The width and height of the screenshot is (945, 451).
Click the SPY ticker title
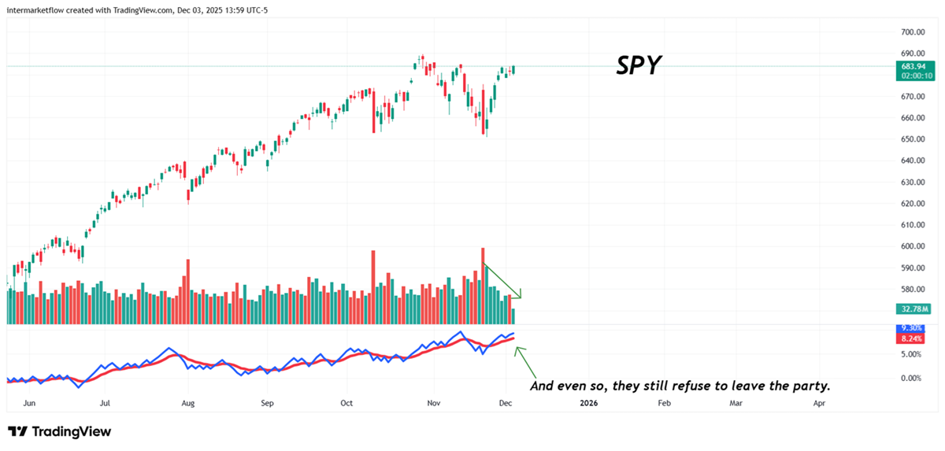(638, 65)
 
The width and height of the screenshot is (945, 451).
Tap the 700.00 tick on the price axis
(912, 32)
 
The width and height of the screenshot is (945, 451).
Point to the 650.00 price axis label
(912, 139)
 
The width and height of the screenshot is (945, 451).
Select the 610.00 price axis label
(912, 225)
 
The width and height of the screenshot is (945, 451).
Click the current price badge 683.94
(913, 67)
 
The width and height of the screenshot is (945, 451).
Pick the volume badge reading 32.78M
(913, 309)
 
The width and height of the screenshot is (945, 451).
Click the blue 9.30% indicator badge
(913, 328)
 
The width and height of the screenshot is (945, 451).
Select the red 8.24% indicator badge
(913, 338)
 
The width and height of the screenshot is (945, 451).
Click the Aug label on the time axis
(187, 403)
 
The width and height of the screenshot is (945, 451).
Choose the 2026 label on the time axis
(587, 403)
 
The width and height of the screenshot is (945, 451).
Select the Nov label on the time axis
(432, 403)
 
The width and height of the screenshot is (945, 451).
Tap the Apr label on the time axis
(819, 403)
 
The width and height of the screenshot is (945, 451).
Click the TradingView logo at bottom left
(59, 431)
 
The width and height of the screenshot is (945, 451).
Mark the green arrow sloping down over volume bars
(502, 281)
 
